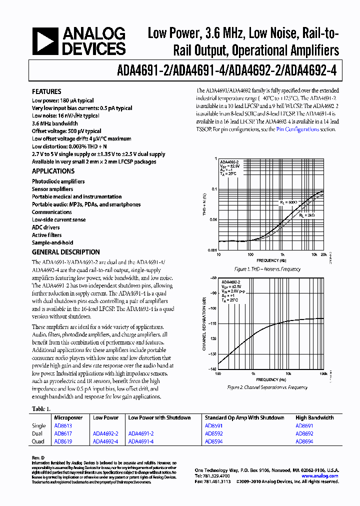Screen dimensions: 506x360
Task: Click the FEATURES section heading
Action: tap(47, 92)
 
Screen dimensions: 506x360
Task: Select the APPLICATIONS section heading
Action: tap(53, 171)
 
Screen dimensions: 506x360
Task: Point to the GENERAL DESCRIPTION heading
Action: tap(66, 252)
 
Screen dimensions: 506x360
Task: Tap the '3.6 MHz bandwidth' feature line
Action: tap(55, 123)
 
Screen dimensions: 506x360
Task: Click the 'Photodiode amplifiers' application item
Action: tap(58, 181)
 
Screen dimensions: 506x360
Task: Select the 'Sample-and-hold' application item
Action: tap(52, 242)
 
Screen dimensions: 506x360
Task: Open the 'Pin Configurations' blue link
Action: tap(297, 129)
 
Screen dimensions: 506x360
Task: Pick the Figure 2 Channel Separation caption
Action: tap(267, 387)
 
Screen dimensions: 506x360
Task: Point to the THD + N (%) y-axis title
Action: tap(204, 205)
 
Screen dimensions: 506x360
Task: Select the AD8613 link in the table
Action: tap(62, 426)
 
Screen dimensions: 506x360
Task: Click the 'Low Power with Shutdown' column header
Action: tap(159, 417)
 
